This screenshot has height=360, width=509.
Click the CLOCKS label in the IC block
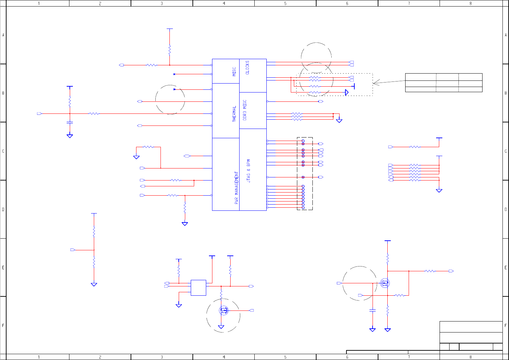pyautogui.click(x=247, y=67)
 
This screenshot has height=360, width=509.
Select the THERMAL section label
pyautogui.click(x=234, y=114)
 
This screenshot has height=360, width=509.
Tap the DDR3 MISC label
pyautogui.click(x=244, y=110)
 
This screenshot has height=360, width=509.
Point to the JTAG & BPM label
pyautogui.click(x=248, y=171)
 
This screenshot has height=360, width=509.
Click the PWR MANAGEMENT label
pyautogui.click(x=236, y=188)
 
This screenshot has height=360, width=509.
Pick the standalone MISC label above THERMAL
pyautogui.click(x=234, y=72)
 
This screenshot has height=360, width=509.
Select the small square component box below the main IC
pyautogui.click(x=198, y=288)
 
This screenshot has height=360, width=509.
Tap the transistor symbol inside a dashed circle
pyautogui.click(x=224, y=310)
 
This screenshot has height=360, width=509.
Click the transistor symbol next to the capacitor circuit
pyautogui.click(x=385, y=283)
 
